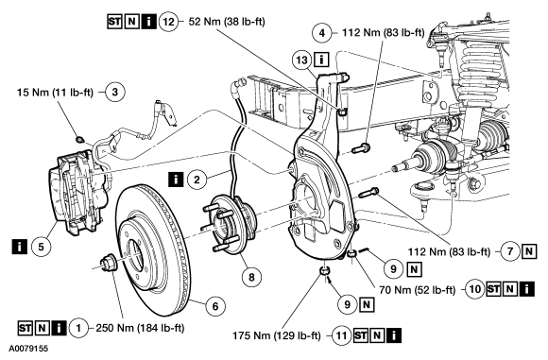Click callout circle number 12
click(169, 22)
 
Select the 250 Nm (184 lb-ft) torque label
click(140, 328)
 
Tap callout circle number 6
click(215, 306)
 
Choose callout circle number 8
click(251, 277)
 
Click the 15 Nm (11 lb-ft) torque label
click(55, 93)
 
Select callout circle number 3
click(114, 92)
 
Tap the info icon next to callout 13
click(321, 60)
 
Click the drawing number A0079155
click(28, 349)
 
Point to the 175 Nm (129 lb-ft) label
click(277, 335)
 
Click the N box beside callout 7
click(529, 251)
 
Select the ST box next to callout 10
click(493, 289)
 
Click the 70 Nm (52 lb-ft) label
click(418, 290)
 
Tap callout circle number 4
click(322, 33)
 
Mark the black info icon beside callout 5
click(19, 246)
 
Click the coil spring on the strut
click(479, 70)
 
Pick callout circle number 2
click(197, 180)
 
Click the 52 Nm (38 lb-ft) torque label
click(227, 22)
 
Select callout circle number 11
click(341, 335)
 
